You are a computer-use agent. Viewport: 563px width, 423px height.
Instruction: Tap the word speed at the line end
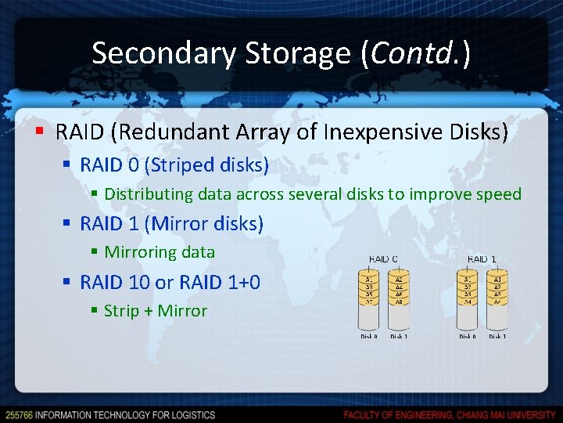tap(500, 194)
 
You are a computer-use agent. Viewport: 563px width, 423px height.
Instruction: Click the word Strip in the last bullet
tap(120, 311)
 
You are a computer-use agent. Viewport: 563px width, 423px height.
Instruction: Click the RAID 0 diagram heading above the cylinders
tap(383, 258)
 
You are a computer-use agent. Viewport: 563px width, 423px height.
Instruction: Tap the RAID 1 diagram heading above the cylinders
tap(482, 258)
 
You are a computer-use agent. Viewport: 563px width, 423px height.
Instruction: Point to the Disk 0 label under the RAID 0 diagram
tap(369, 336)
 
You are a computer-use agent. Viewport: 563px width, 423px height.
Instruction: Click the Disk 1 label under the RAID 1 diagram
tap(497, 336)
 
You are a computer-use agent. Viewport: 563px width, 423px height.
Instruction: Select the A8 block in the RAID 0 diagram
tap(399, 302)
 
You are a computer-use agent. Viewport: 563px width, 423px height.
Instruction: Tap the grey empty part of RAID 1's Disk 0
tap(468, 316)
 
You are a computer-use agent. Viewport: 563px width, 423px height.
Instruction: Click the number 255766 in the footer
tap(18, 414)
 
